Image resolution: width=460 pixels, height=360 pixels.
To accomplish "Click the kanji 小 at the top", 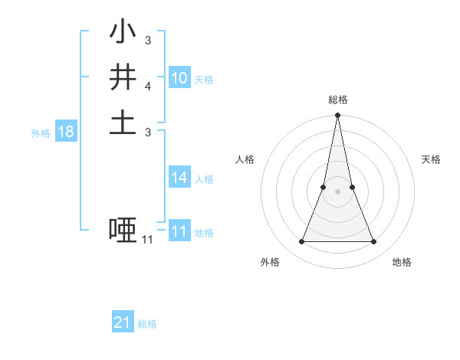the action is pos(123,33).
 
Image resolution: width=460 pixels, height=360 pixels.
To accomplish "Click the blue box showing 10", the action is pos(179,78).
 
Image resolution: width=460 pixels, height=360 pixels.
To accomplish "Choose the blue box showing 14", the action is pos(179,178).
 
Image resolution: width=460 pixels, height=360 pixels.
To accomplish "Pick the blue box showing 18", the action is pos(66,132).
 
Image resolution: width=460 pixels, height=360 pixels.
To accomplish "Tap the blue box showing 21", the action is pos(123,322).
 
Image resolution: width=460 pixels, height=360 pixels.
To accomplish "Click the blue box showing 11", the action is pos(179,231).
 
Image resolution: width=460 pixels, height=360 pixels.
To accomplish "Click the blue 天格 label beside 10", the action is pos(204,80).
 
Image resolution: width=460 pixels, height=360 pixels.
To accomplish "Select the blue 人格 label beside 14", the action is pos(204,179).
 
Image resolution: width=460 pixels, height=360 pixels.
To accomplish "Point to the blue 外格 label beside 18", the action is pos(41,133).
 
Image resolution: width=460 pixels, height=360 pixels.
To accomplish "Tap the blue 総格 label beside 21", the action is pos(147,324).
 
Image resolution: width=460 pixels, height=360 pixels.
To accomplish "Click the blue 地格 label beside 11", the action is pos(204,233).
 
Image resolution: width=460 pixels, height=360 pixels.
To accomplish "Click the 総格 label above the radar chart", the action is pos(337,100).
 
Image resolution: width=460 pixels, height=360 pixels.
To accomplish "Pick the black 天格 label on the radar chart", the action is pos(432,159).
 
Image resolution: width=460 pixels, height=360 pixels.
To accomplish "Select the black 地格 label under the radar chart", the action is pos(402,262).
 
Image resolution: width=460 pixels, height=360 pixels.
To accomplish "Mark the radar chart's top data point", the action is pos(337,116).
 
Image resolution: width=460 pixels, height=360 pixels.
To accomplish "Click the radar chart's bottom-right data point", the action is pos(373,242).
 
